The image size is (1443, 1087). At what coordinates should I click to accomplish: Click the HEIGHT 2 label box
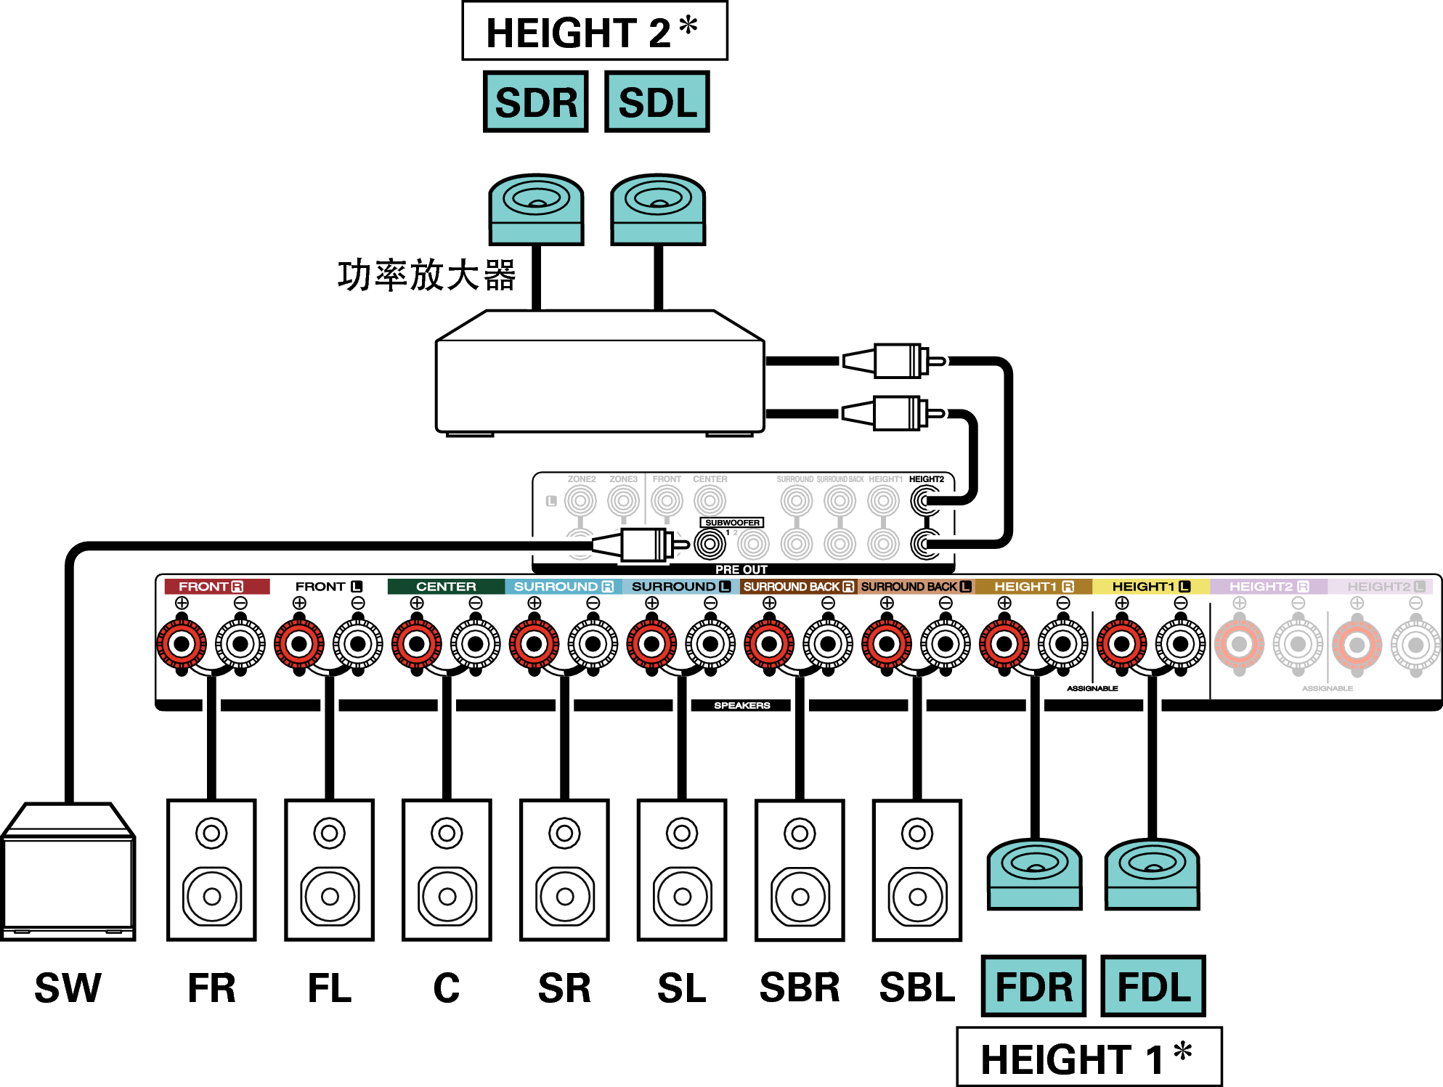[594, 31]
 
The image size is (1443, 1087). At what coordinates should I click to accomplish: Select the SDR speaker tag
[536, 102]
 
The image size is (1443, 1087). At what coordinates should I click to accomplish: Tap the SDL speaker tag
[657, 102]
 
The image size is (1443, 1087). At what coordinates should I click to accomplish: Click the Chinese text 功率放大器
[426, 276]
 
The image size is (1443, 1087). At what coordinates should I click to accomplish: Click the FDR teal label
[1033, 986]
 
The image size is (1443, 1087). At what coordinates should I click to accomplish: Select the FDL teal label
[1153, 986]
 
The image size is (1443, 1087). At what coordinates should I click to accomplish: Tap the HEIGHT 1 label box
[1089, 1057]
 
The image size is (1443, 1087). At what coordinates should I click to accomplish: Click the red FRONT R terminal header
[216, 586]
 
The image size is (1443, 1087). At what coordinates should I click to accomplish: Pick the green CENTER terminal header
[446, 586]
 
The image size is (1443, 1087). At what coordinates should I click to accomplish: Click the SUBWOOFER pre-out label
[731, 523]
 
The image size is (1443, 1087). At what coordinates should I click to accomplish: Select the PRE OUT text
[741, 569]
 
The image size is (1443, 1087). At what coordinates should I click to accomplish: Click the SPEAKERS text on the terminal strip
[741, 705]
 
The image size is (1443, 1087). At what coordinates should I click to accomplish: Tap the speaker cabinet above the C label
[447, 870]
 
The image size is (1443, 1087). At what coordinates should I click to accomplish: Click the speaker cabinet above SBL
[917, 870]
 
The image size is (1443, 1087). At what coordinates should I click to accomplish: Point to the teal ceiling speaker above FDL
[1152, 874]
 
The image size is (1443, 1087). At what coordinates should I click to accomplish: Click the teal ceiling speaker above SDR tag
[536, 209]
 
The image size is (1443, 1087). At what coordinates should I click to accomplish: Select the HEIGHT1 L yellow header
[1150, 586]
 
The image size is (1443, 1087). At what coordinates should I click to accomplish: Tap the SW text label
[68, 988]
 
